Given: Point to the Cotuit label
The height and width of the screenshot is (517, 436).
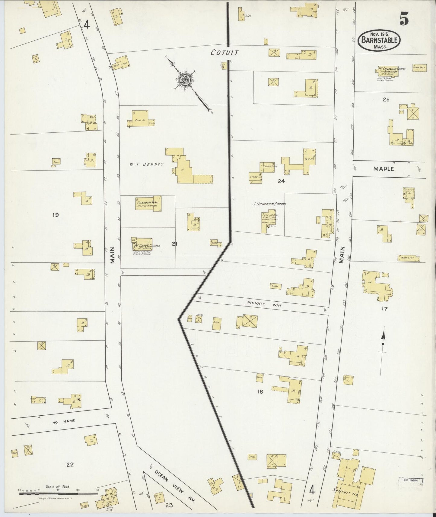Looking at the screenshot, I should point(224,53).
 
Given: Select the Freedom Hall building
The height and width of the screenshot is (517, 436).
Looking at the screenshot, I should point(148,203).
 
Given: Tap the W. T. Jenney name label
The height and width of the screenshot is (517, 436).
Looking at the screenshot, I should point(147,164).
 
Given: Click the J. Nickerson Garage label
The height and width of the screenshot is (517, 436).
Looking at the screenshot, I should point(269,204).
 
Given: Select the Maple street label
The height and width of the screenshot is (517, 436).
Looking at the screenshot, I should point(383,169).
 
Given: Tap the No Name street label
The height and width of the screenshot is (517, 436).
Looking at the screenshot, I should point(63,421).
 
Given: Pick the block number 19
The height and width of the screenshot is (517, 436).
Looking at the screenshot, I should point(55,215).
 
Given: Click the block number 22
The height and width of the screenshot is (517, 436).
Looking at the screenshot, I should point(70,473).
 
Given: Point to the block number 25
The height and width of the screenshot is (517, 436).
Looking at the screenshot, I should point(386,100).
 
